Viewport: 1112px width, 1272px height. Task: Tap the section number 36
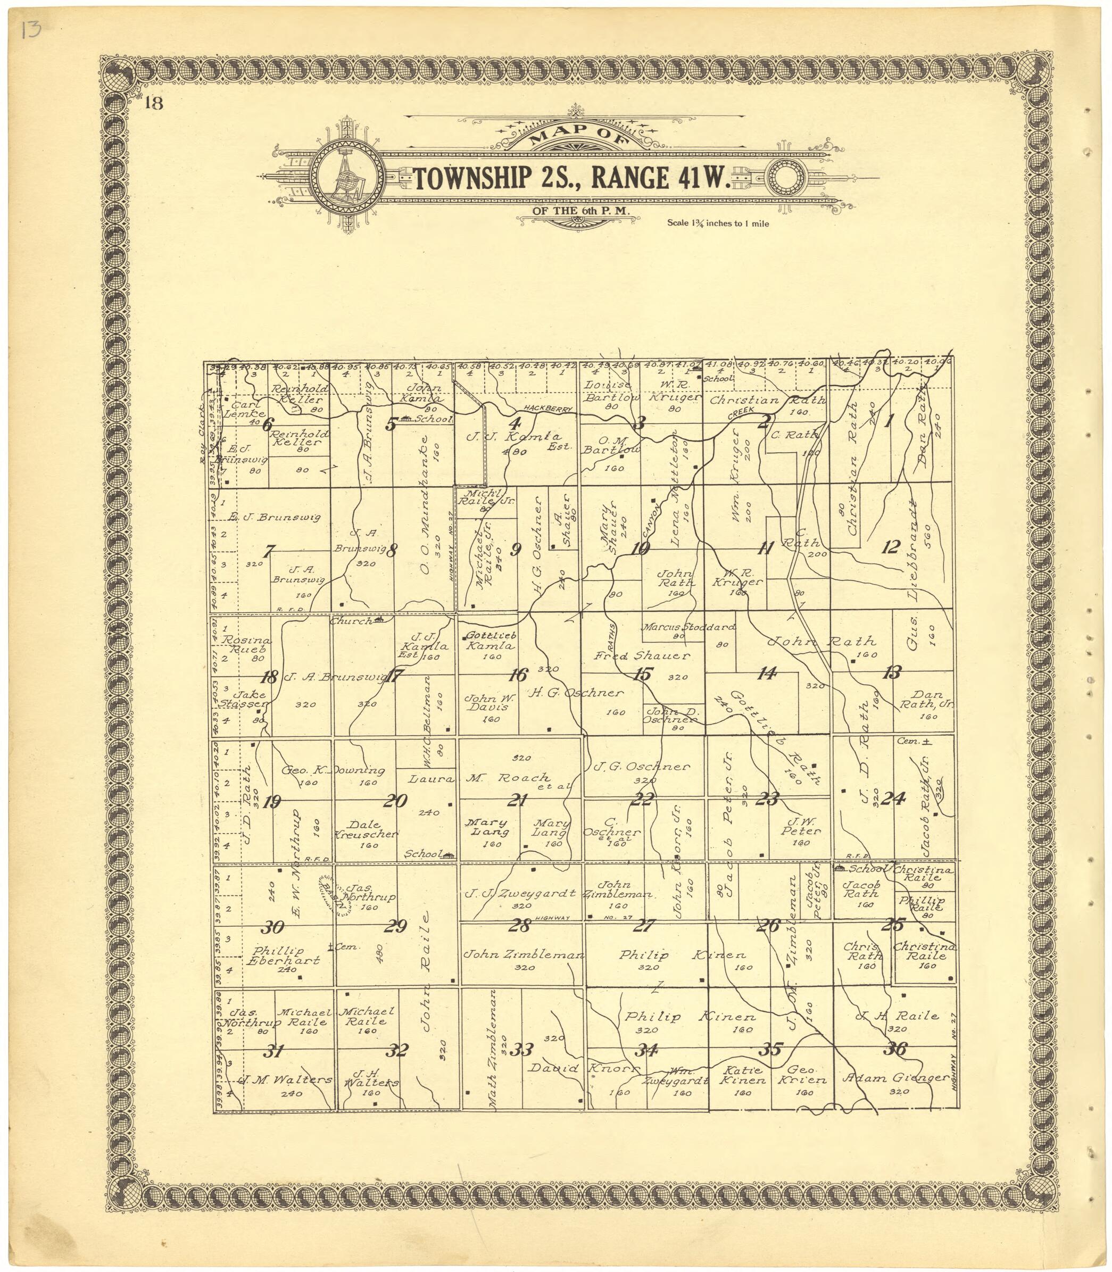tap(896, 1049)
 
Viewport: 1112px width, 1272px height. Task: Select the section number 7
tap(269, 551)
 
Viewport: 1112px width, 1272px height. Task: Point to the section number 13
tap(892, 672)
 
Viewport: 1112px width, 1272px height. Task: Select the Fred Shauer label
tap(642, 656)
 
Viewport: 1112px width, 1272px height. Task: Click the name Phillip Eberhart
tap(283, 956)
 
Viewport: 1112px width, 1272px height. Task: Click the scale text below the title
tap(718, 223)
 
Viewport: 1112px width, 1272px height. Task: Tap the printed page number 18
tap(153, 103)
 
